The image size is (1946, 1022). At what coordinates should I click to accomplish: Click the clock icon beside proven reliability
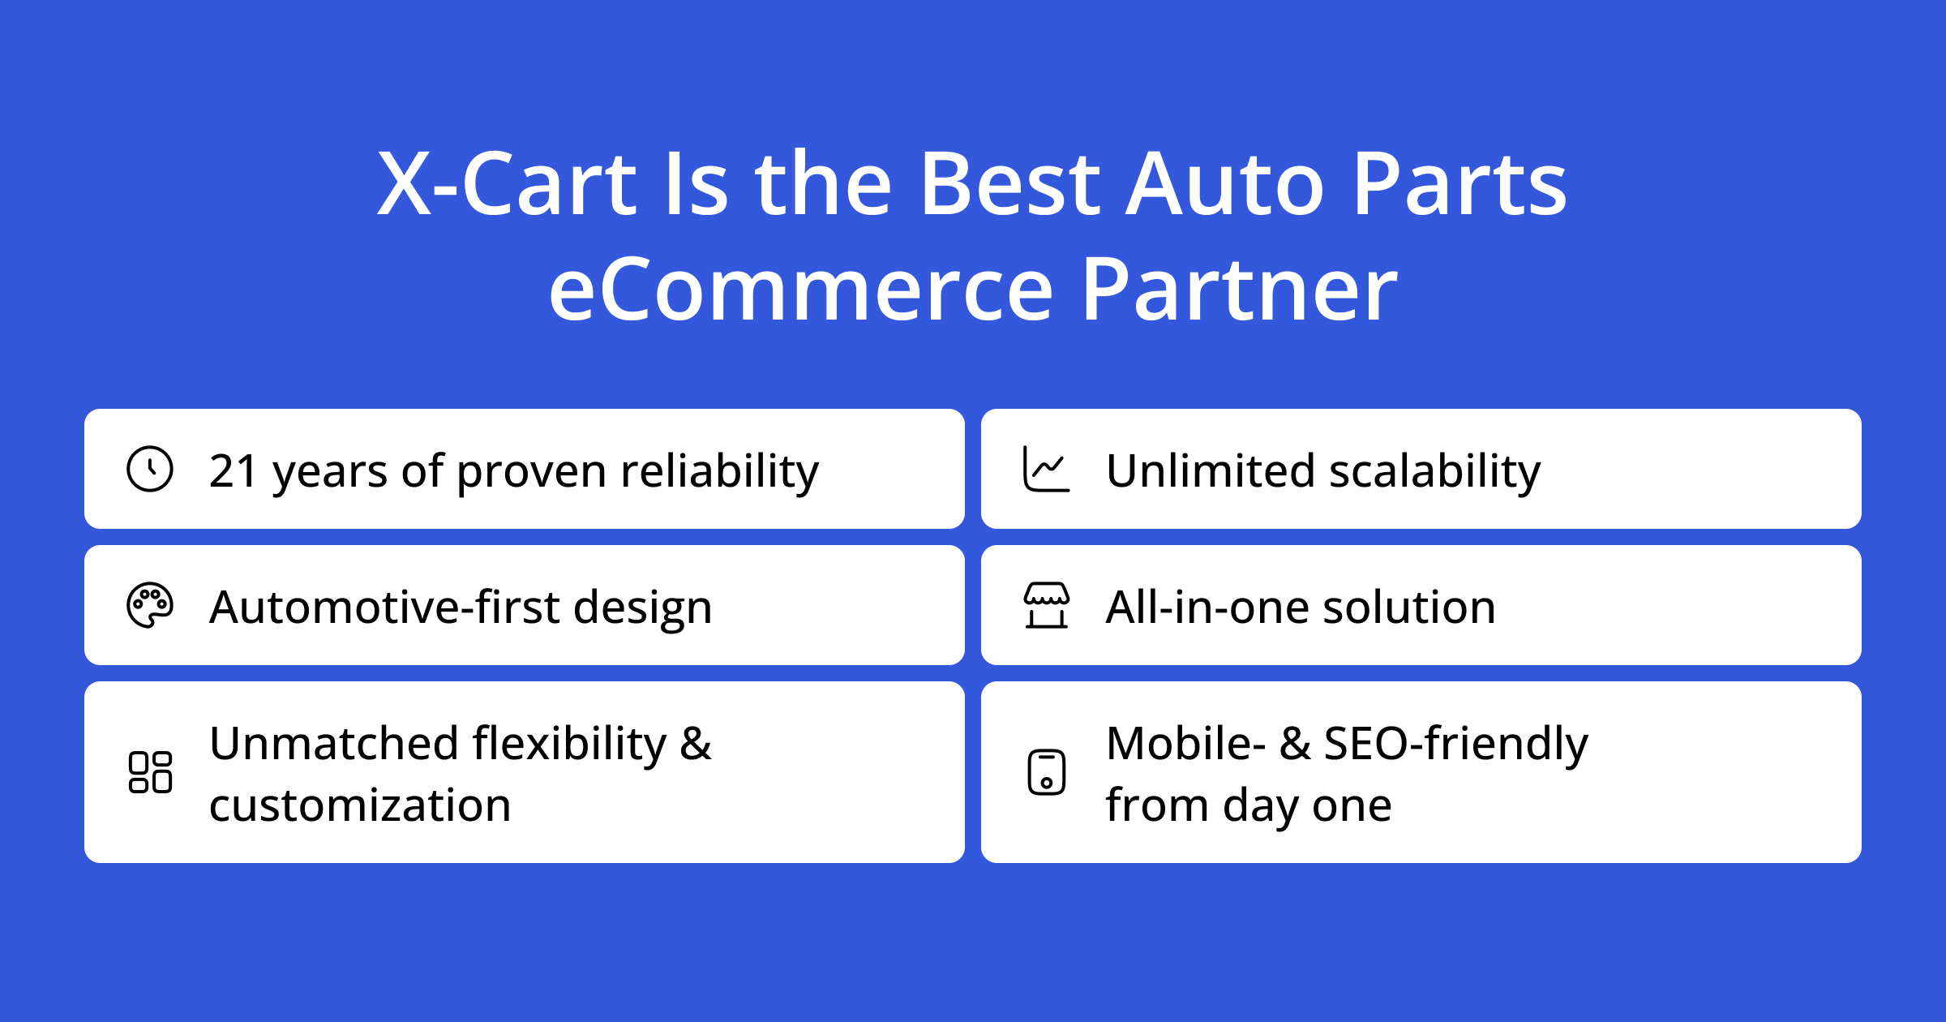pos(150,469)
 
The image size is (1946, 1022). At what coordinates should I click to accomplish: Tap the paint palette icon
pos(150,605)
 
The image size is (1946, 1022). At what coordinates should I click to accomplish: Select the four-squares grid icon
pos(150,772)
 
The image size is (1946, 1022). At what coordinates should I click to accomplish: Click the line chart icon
pos(1046,469)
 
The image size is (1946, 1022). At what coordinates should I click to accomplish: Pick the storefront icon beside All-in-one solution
pos(1046,605)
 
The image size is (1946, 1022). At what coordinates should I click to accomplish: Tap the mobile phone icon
pos(1046,772)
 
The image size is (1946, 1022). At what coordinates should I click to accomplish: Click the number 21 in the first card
pos(233,471)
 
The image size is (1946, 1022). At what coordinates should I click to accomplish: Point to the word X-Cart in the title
pos(507,184)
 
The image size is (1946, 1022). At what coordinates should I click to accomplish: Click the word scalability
pos(1434,471)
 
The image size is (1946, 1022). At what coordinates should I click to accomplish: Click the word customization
pos(360,806)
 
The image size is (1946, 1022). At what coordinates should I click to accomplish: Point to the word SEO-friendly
pos(1455,744)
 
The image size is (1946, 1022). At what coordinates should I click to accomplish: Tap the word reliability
pos(720,471)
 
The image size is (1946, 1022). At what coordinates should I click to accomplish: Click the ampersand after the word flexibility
pos(696,744)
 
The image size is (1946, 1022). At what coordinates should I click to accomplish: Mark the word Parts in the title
pos(1459,184)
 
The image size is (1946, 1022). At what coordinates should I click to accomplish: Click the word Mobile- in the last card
pos(1185,744)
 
